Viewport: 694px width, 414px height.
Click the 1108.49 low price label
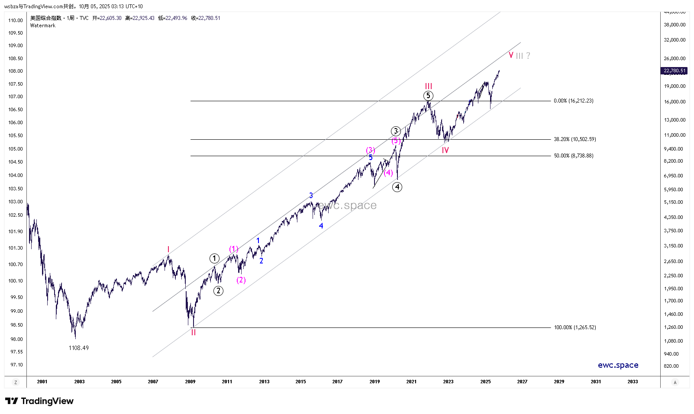point(78,348)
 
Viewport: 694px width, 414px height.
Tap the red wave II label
point(194,333)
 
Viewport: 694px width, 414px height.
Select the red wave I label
point(168,250)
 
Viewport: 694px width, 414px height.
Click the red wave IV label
point(445,150)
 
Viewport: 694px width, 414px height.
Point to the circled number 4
point(397,187)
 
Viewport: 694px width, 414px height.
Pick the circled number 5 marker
point(428,96)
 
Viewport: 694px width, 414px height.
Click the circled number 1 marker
point(214,258)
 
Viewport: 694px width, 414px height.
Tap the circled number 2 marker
point(218,291)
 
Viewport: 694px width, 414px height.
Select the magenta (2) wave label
point(241,280)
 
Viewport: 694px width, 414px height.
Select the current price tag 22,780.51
point(675,71)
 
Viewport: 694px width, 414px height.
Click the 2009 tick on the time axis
point(190,382)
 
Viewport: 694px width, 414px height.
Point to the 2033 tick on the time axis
point(633,382)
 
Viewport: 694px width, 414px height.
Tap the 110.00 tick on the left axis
point(16,20)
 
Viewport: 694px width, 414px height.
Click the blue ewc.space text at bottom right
point(618,365)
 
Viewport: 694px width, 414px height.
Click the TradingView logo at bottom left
point(39,401)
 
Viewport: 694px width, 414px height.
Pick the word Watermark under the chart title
point(43,26)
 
